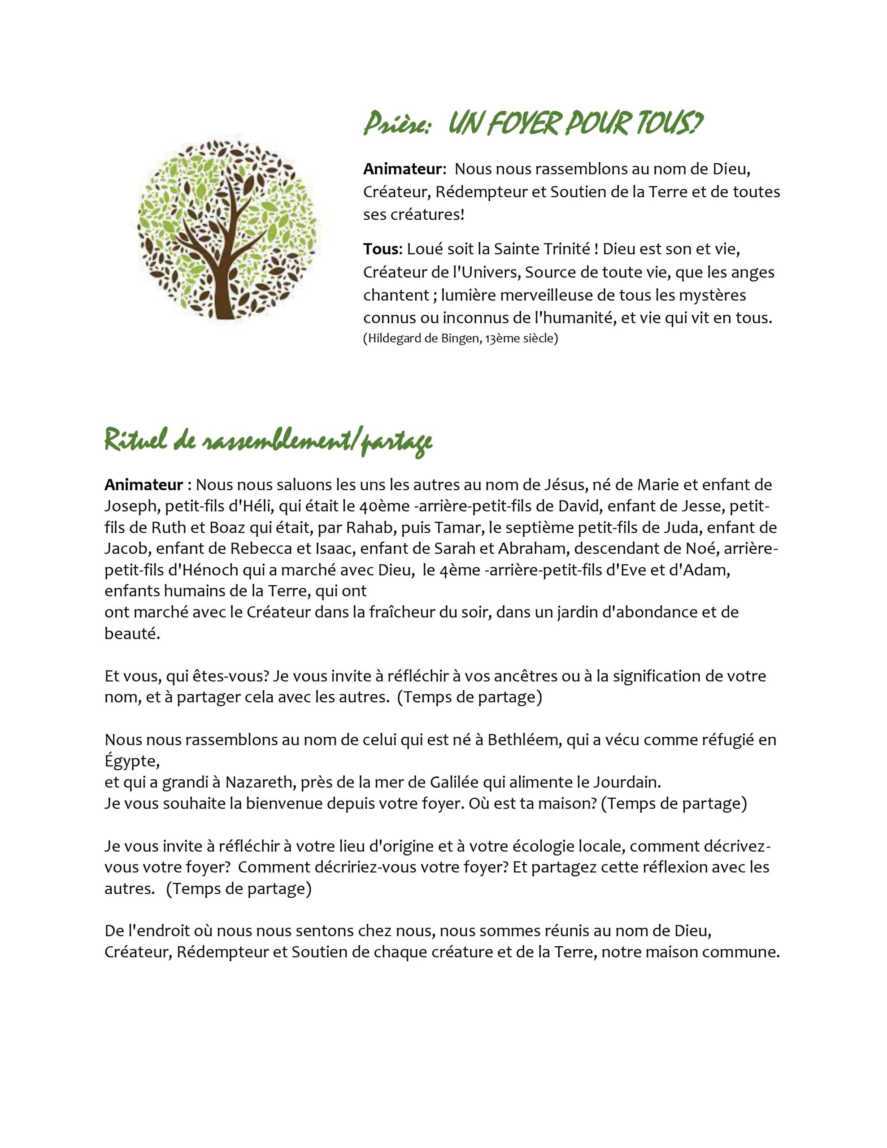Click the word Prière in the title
click(x=397, y=124)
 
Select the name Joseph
click(x=131, y=506)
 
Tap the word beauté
click(x=131, y=633)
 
